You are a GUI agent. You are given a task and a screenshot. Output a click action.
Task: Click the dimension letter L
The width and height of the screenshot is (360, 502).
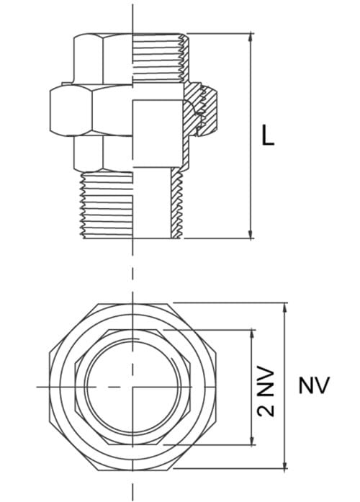tap(268, 136)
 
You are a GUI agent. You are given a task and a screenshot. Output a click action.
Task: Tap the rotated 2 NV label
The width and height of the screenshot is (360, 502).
tap(267, 390)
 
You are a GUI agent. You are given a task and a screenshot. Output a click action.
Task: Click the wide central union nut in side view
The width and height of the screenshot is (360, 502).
tap(79, 109)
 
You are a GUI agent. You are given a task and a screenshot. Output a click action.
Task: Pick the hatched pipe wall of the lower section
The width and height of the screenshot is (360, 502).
tap(175, 205)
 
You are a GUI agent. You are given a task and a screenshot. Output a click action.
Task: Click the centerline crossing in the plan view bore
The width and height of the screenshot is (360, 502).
tap(132, 387)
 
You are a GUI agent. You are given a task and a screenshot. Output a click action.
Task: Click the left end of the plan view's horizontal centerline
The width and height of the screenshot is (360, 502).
tap(39, 387)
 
